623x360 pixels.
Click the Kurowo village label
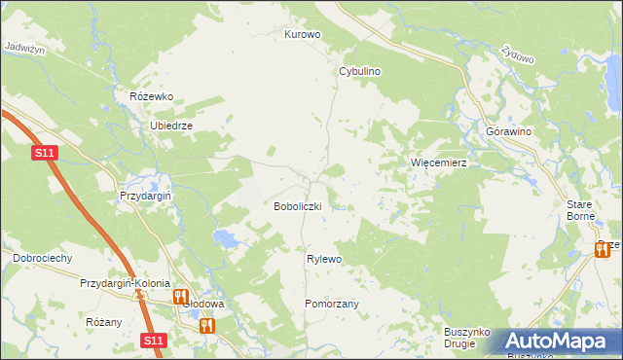[x=302, y=34]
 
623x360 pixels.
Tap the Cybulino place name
[x=359, y=72]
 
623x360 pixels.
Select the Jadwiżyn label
[x=25, y=46]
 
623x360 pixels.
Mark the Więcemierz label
[x=439, y=162]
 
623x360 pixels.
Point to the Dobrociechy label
[x=42, y=258]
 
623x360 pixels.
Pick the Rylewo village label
[x=324, y=259]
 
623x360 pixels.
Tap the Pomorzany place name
[x=332, y=304]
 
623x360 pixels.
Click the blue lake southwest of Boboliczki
[x=225, y=238]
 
